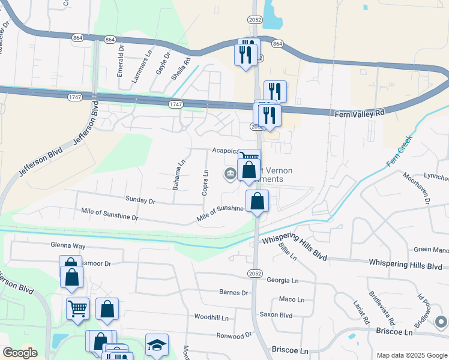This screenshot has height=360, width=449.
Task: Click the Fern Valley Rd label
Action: [x=358, y=113]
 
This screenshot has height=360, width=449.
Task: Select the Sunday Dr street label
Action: [x=140, y=200]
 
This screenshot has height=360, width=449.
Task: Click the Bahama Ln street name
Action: [x=179, y=175]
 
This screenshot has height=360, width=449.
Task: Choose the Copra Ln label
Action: [x=205, y=182]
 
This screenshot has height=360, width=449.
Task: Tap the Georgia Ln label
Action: [x=283, y=280]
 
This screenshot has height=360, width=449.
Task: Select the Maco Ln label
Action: [x=292, y=299]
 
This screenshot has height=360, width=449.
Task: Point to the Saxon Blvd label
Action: [x=276, y=314]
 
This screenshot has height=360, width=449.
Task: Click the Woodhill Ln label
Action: [x=212, y=317]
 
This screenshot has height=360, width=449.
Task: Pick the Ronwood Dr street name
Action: [x=234, y=336]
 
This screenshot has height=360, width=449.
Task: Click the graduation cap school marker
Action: [x=157, y=345]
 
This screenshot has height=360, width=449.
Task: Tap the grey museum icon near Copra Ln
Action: [x=230, y=174]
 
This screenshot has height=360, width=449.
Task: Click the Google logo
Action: [x=20, y=353]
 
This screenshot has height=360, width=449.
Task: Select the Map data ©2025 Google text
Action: [x=411, y=355]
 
